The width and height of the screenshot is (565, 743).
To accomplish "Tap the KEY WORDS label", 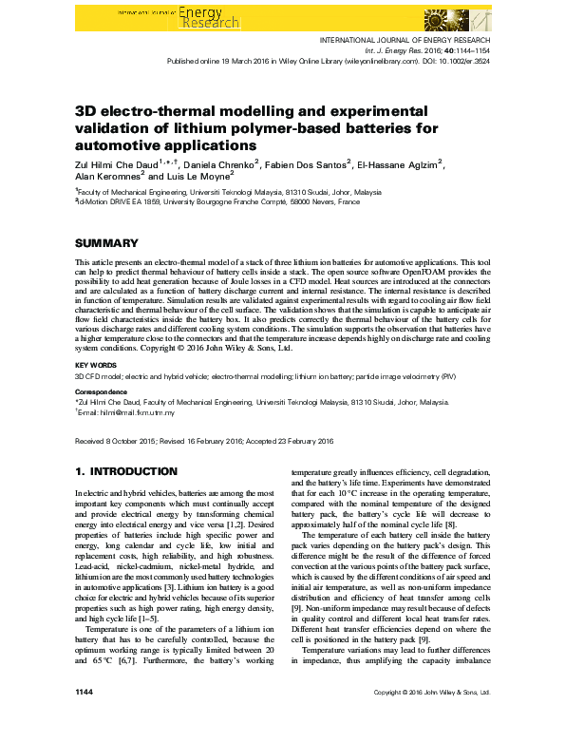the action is (95, 364).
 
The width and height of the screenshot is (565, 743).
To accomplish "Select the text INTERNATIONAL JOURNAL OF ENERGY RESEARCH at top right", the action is (408, 40).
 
